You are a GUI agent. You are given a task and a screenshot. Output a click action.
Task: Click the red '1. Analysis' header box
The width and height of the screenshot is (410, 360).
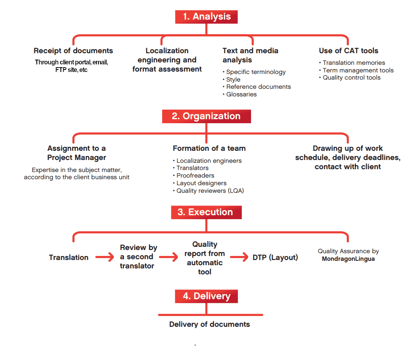[206, 17]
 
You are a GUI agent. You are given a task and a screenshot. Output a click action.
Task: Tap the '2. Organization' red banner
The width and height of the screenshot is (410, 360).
[206, 116]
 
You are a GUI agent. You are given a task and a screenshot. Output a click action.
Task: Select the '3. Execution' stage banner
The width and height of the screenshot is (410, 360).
[206, 212]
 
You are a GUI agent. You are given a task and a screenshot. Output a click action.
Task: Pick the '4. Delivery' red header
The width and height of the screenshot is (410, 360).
[206, 296]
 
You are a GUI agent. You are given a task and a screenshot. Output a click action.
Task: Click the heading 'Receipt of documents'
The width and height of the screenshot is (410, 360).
[73, 51]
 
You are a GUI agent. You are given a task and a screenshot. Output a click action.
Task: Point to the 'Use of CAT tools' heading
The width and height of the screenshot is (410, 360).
[349, 51]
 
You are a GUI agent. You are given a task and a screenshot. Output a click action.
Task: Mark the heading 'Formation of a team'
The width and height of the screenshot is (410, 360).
[209, 148]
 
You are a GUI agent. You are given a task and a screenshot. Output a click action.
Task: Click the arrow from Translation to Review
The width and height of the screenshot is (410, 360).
[105, 257]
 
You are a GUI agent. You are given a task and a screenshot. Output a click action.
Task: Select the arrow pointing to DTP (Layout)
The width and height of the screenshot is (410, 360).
[239, 257]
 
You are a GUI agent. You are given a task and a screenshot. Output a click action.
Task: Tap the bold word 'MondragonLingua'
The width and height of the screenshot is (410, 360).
[348, 259]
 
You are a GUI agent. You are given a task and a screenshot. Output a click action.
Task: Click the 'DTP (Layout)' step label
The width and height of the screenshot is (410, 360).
[275, 258]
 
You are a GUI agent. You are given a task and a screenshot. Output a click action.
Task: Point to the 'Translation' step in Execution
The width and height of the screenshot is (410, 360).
[69, 258]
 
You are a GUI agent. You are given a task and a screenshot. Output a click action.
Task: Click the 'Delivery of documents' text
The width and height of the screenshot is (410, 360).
[209, 324]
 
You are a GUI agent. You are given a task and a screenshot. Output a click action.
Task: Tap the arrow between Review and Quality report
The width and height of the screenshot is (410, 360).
[169, 257]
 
